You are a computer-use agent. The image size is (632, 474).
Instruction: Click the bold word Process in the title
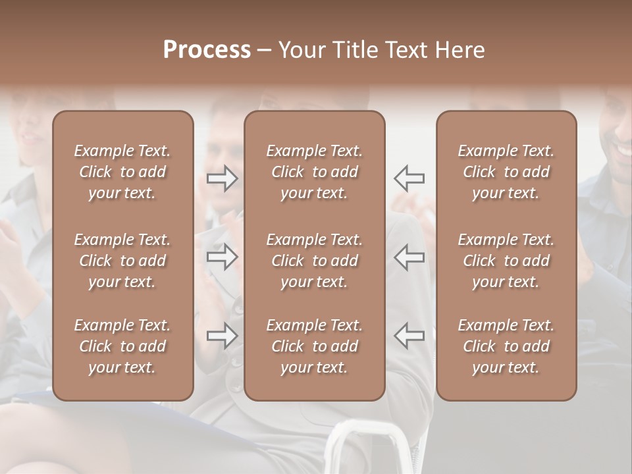(207, 50)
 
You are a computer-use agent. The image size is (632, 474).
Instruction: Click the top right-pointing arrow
(223, 178)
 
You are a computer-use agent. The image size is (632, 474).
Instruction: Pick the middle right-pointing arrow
(223, 257)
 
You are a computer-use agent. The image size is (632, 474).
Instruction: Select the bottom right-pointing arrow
(223, 336)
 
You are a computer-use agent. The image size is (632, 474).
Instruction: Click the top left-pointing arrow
(409, 178)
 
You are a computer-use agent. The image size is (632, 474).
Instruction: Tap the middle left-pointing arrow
(409, 257)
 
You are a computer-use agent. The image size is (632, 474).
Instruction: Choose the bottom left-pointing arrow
(409, 336)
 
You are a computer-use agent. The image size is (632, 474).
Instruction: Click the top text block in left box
(122, 172)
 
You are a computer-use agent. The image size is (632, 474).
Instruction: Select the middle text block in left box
(122, 261)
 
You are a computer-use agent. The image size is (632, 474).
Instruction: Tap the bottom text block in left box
(122, 346)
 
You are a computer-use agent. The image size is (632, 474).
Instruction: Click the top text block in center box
(314, 172)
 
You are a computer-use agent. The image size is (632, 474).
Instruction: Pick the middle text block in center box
(314, 261)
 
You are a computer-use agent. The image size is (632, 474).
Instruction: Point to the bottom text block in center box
(314, 346)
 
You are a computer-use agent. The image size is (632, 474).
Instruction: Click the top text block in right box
(506, 172)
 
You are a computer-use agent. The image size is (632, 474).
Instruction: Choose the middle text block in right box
(506, 261)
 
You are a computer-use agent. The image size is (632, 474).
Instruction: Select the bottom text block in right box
(506, 346)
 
